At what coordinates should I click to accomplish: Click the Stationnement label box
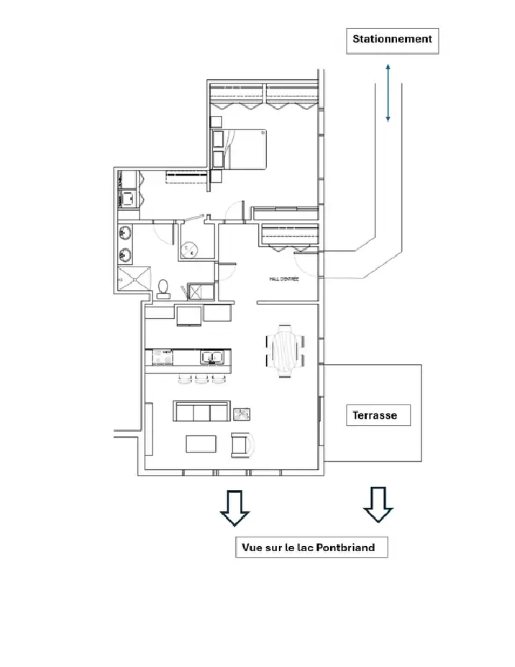pyautogui.click(x=392, y=41)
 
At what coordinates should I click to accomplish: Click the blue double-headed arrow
pyautogui.click(x=388, y=93)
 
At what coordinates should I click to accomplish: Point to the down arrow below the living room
pyautogui.click(x=234, y=508)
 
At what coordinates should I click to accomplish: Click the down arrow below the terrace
pyautogui.click(x=378, y=504)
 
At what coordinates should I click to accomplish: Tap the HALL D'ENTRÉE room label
pyautogui.click(x=284, y=279)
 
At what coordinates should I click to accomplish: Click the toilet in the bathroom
pyautogui.click(x=163, y=289)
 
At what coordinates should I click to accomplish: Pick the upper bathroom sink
pyautogui.click(x=125, y=233)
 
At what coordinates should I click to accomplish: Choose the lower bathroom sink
pyautogui.click(x=125, y=255)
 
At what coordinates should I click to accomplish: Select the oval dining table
pyautogui.click(x=285, y=351)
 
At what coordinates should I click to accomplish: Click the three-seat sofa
pyautogui.click(x=201, y=411)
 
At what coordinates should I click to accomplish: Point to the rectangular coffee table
pyautogui.click(x=201, y=444)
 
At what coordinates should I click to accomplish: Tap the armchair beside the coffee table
pyautogui.click(x=242, y=445)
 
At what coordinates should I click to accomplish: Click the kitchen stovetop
pyautogui.click(x=163, y=358)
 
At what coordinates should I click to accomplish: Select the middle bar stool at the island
pyautogui.click(x=201, y=378)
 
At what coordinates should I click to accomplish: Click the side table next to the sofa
pyautogui.click(x=242, y=414)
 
